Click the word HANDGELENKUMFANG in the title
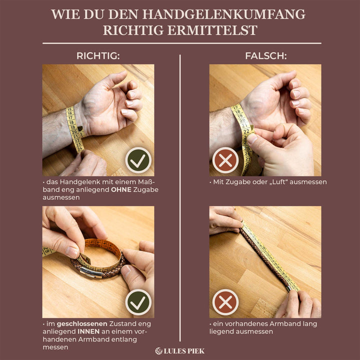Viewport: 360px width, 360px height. pyautogui.click(x=224, y=14)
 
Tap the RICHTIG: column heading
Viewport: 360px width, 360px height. pyautogui.click(x=98, y=56)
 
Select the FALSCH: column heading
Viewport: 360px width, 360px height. pyautogui.click(x=266, y=56)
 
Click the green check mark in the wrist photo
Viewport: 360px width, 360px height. pyautogui.click(x=138, y=160)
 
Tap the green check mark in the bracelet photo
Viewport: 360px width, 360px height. pyautogui.click(x=138, y=302)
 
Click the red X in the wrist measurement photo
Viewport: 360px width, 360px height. pyautogui.click(x=225, y=160)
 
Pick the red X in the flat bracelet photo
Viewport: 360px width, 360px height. pyautogui.click(x=225, y=302)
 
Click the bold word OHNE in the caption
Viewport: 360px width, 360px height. pyautogui.click(x=121, y=189)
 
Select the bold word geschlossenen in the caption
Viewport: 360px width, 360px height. pyautogui.click(x=82, y=324)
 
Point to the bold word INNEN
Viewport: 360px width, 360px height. pyautogui.click(x=88, y=331)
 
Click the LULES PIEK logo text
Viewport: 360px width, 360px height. pyautogui.click(x=184, y=351)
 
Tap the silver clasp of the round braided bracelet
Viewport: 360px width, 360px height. pyautogui.click(x=91, y=272)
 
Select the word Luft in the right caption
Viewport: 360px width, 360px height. pyautogui.click(x=279, y=182)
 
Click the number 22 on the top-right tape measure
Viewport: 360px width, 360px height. pyautogui.click(x=246, y=131)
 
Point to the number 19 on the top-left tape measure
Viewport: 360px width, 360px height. pyautogui.click(x=73, y=127)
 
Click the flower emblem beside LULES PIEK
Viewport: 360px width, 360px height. pyautogui.click(x=158, y=351)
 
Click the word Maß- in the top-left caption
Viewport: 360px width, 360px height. pyautogui.click(x=146, y=182)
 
